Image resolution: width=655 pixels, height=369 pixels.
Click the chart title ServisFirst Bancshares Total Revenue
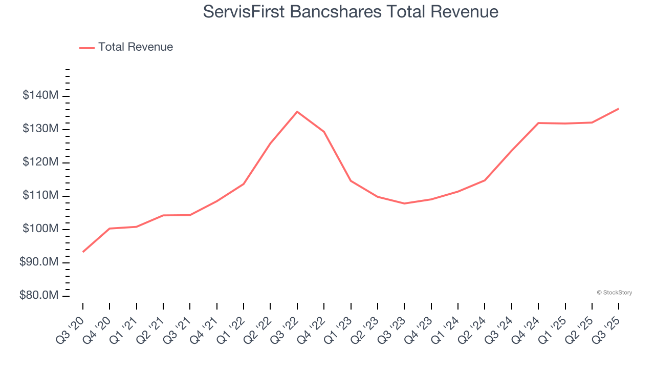(x=351, y=11)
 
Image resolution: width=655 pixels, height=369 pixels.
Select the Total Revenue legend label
(x=136, y=47)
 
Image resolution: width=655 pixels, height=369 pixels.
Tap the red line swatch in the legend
(x=87, y=48)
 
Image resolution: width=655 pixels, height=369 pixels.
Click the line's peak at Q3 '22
(x=297, y=111)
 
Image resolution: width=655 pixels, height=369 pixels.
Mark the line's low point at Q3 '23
(x=404, y=203)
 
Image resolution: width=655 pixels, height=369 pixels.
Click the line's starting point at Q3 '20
(x=83, y=252)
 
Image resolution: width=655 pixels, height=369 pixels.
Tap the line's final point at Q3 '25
(x=619, y=109)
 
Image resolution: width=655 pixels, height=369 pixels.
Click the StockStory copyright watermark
(x=614, y=293)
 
